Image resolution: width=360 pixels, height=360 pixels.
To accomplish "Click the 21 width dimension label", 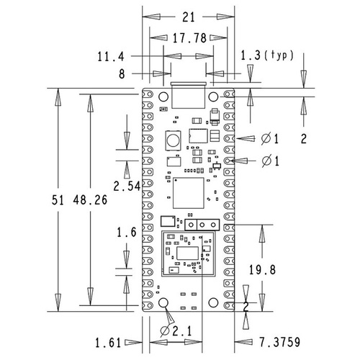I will click(189, 17).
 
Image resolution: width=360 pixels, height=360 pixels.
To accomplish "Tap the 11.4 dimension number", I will click(111, 55).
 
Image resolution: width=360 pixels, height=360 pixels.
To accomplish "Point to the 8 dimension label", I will click(122, 73).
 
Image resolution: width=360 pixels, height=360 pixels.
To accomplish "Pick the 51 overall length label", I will click(60, 202).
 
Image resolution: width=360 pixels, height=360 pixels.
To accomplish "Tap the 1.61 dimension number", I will click(109, 341).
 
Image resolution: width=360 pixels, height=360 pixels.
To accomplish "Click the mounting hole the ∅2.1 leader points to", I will click(163, 303).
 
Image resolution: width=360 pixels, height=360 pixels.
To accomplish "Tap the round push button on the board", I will click(173, 138).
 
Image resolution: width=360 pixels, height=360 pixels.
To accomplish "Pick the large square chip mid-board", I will click(189, 192).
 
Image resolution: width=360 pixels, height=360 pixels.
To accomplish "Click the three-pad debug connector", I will click(201, 225).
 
